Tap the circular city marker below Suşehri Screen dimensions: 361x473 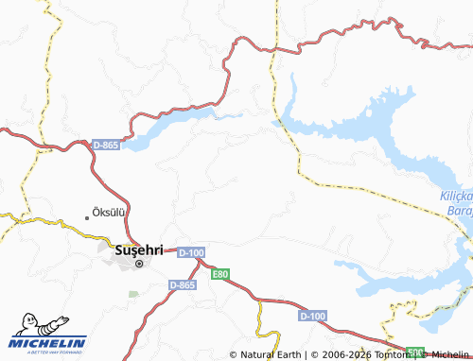[138, 264]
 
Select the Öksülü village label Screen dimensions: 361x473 [110, 213]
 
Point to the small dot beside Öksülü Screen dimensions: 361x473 [88, 217]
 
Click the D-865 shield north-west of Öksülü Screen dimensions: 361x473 [105, 145]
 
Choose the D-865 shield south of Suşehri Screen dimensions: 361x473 [183, 284]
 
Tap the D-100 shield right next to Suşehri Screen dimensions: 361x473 [190, 252]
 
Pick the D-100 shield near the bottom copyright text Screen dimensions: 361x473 [312, 314]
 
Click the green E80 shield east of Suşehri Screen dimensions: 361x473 [220, 274]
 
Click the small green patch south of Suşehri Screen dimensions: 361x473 [132, 294]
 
